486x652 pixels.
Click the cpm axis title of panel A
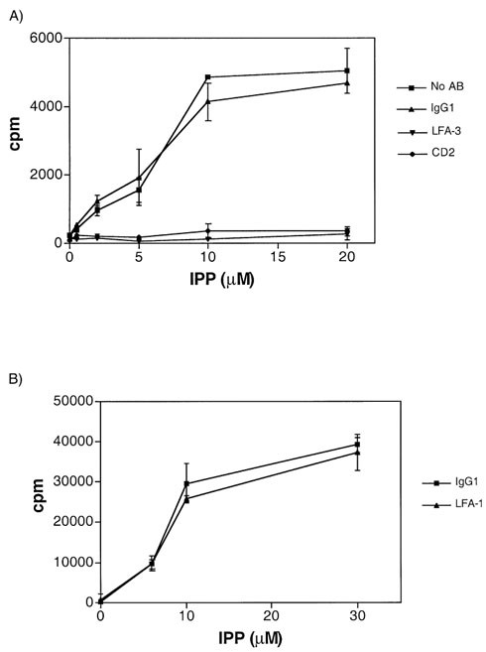(x=17, y=140)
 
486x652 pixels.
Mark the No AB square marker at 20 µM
(x=346, y=70)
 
